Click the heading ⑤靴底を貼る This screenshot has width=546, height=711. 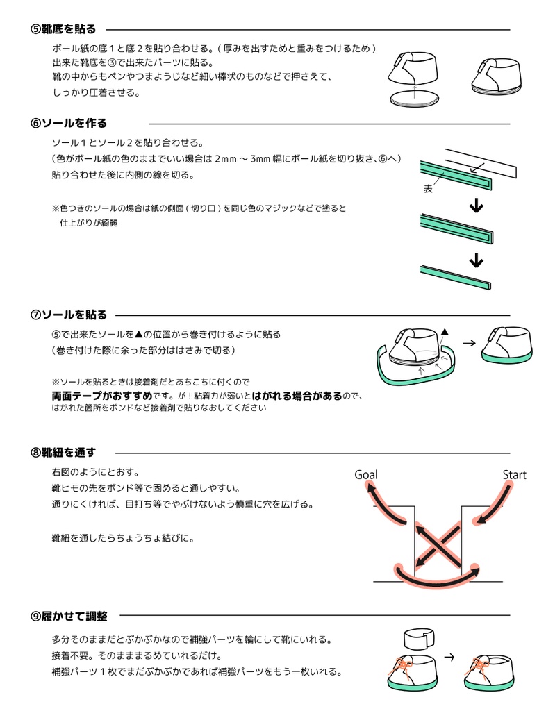coord(63,29)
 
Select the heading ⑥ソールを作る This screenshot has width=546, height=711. coord(68,124)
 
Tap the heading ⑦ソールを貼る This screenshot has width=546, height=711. coord(68,315)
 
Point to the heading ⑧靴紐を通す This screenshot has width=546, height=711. coord(63,452)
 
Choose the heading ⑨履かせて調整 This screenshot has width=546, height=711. coord(68,616)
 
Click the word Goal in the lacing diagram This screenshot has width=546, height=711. coord(366,475)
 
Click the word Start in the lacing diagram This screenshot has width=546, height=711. coord(514,475)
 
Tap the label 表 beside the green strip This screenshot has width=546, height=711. coord(428,189)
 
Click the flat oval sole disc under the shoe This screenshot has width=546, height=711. coord(414,99)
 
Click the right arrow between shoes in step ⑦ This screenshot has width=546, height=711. coord(469,342)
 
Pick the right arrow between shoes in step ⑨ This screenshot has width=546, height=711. coord(449,655)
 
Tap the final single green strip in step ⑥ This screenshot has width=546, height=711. coord(455,276)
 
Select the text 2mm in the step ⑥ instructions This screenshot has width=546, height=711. coord(227,159)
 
